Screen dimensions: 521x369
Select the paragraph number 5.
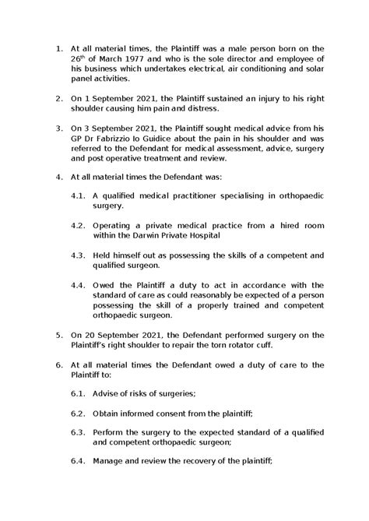[59, 334]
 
